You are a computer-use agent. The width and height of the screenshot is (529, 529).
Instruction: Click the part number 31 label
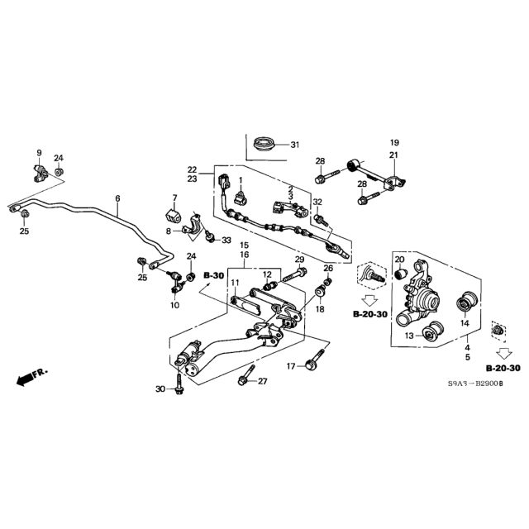click(296, 145)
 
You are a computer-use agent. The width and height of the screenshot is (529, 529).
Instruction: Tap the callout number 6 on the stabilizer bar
click(117, 198)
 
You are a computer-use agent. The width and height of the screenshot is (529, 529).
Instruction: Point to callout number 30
click(160, 388)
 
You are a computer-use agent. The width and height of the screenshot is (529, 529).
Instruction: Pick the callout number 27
click(263, 381)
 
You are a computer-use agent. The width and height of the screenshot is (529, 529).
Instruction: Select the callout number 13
click(408, 336)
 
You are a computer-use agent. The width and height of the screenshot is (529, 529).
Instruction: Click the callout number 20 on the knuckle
click(398, 260)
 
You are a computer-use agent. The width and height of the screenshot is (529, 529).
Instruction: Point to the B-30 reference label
click(213, 274)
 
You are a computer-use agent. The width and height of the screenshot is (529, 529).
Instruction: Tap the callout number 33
click(227, 240)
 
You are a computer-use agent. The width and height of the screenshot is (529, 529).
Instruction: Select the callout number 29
click(299, 260)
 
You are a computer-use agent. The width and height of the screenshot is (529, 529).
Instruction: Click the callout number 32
click(317, 203)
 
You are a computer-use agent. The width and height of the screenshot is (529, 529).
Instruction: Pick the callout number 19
click(394, 142)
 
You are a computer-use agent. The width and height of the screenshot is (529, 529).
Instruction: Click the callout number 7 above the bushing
click(174, 198)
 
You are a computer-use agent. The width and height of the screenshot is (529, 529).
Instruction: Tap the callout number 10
click(174, 305)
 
